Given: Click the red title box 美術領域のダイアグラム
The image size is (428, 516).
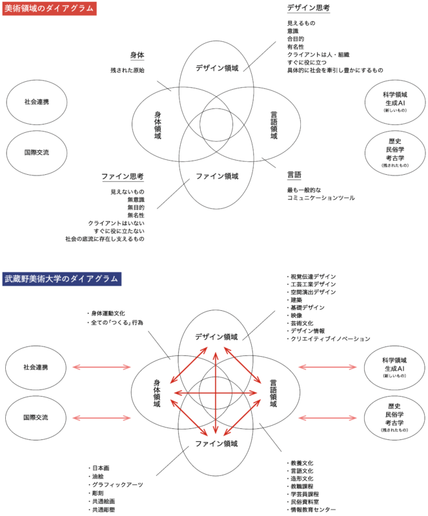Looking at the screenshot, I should (x=49, y=8).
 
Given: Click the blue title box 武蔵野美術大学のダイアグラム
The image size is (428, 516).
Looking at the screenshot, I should (x=62, y=279).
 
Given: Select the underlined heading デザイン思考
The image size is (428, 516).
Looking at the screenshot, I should (x=308, y=8).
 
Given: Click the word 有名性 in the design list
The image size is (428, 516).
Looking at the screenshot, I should (x=296, y=46).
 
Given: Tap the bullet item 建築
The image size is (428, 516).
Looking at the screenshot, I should (x=297, y=300).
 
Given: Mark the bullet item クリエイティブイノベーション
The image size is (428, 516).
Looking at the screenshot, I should (x=329, y=339).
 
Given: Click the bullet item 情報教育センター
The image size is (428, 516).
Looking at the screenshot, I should (x=312, y=510).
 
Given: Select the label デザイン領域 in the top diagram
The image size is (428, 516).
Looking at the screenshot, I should (x=217, y=68).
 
